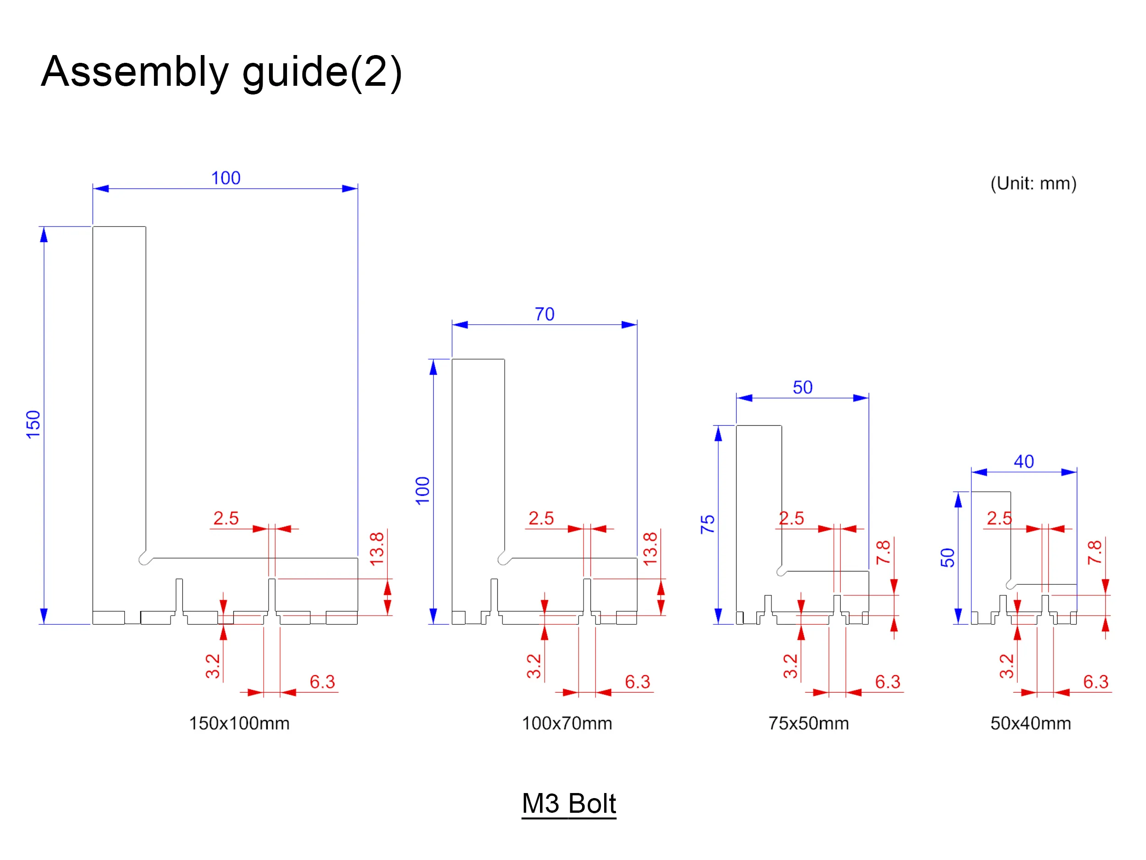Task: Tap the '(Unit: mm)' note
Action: click(1033, 183)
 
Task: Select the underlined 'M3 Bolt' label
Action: click(569, 804)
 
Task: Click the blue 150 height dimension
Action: click(33, 424)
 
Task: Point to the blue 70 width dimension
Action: click(545, 314)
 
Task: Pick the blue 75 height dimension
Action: click(707, 524)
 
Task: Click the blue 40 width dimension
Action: click(1024, 461)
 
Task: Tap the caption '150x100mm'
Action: click(239, 723)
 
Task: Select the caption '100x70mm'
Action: click(567, 723)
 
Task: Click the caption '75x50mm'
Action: click(809, 723)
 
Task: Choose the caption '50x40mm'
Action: click(1030, 723)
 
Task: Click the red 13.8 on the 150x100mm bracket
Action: click(377, 549)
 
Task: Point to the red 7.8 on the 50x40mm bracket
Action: click(1094, 552)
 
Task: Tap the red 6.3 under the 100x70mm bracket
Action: click(637, 682)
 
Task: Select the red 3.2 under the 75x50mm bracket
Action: click(790, 666)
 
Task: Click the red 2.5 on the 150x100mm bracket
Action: click(226, 518)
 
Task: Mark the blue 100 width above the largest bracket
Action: click(226, 178)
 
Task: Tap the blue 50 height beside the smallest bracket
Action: click(947, 557)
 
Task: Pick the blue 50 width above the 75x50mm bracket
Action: click(803, 387)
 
